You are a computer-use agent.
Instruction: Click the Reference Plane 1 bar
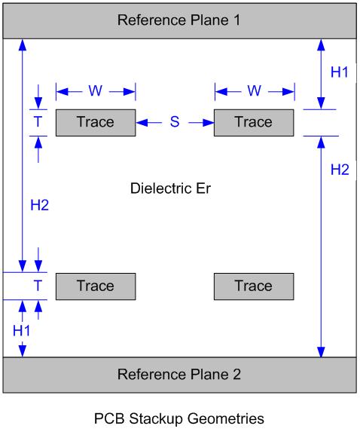coord(179,20)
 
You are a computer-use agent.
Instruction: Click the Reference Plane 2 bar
coord(179,375)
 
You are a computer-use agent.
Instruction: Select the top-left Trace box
coord(96,122)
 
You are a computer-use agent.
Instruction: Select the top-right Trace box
coord(253,122)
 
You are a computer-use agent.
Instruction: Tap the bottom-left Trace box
coord(96,286)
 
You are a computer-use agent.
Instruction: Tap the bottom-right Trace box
coord(253,286)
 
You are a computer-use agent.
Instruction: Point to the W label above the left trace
coord(96,91)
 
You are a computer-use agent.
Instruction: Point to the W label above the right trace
coord(254,91)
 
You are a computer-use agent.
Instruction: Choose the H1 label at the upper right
coord(340,72)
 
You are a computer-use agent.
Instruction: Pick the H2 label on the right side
coord(340,170)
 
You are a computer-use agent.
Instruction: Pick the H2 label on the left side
coord(38,205)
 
